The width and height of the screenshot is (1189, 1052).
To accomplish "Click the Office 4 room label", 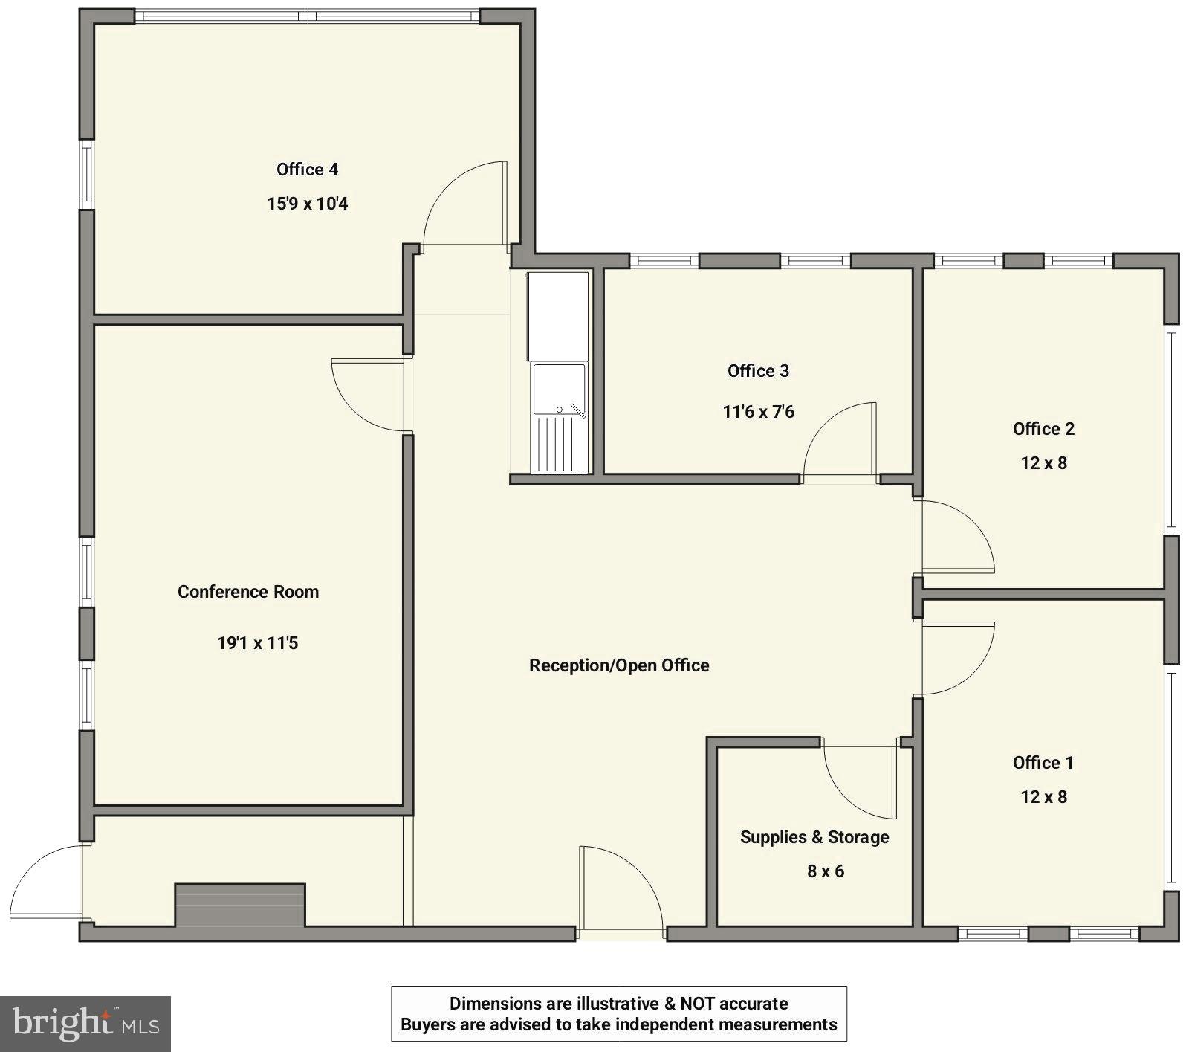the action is point(307,170).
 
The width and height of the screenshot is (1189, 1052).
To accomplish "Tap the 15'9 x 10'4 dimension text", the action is point(308,203).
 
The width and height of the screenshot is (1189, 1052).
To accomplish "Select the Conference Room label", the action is point(248,592).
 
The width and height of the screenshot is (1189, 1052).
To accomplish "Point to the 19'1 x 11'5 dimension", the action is point(258,643).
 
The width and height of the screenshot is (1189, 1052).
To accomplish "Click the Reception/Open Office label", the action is point(619,665).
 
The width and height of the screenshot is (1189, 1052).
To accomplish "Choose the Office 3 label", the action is point(758,371).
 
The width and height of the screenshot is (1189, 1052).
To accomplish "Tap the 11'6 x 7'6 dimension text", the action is point(759,412).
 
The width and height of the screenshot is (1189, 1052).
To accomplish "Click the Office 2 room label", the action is point(1043,429).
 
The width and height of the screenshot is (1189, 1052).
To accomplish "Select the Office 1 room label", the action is point(1043,763).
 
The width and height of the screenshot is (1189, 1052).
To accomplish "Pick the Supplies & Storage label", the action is point(814,837).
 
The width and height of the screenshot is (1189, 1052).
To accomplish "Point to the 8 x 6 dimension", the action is point(826,871).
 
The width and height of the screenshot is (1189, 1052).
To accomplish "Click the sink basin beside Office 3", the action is point(559,390).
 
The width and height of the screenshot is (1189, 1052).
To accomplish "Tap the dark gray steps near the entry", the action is point(240,905).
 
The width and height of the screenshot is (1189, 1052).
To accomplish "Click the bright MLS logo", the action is point(85,1024).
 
